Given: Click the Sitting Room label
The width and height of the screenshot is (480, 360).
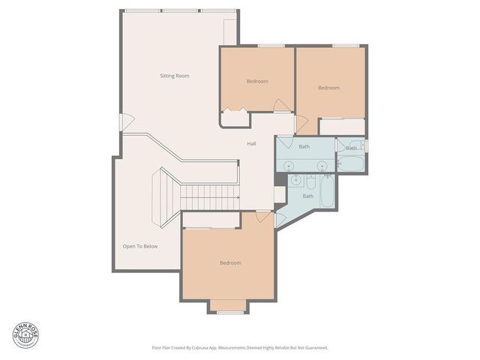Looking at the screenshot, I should coord(174,76).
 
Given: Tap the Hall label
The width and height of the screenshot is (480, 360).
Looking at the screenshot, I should coord(253,144).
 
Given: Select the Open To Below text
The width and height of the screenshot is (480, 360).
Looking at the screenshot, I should coord(140,246).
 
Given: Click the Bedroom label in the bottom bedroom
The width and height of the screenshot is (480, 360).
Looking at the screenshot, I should coord(230,262).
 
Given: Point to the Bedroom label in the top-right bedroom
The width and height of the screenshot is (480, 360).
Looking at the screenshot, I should coord(328,88).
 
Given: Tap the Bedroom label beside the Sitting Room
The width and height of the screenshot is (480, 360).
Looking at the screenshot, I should coord(257,81).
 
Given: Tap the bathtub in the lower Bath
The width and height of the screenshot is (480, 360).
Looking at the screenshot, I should coord(328,191).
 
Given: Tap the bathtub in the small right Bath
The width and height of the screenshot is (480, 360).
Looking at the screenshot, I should coord(352,163).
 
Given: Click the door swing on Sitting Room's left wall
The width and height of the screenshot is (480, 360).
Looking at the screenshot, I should coord(128,119).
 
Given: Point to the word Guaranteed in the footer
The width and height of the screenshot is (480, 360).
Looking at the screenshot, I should coord(315,347).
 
